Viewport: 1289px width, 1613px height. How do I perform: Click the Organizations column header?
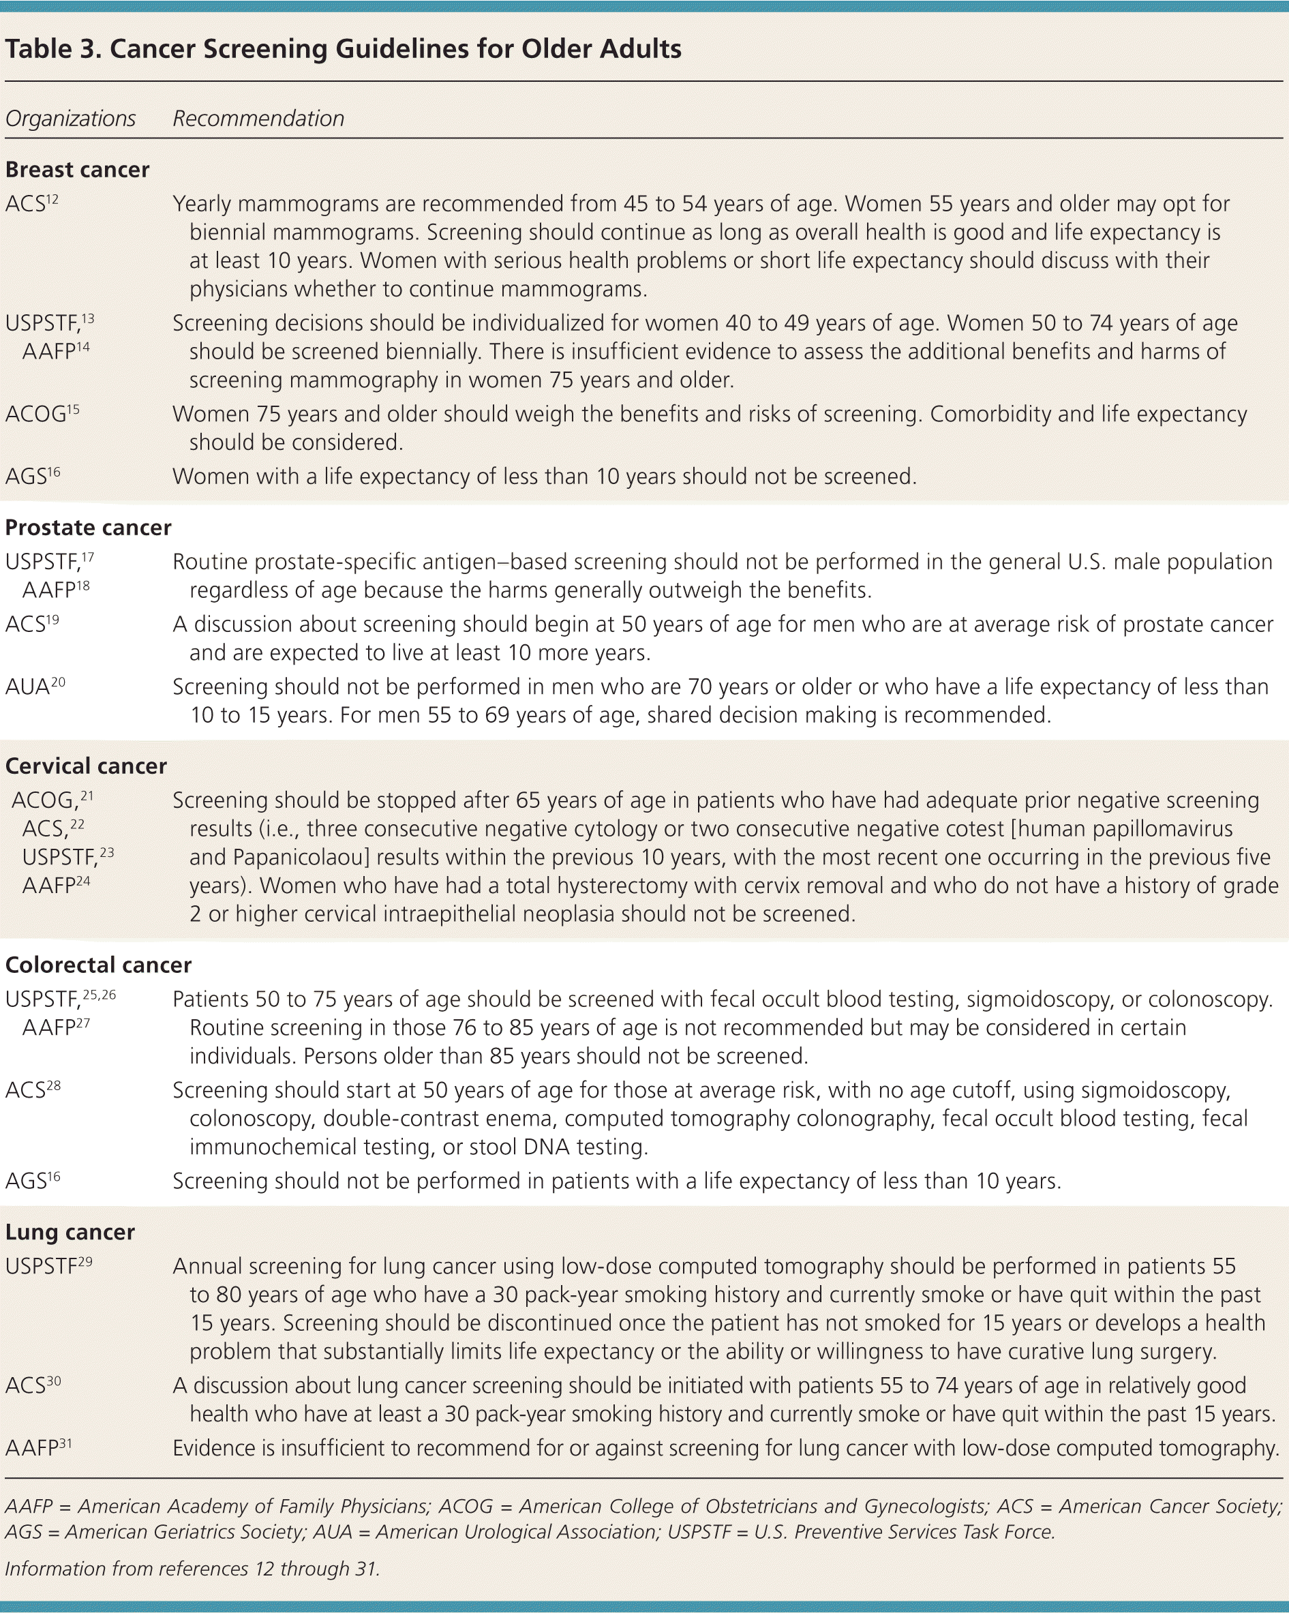pyautogui.click(x=70, y=119)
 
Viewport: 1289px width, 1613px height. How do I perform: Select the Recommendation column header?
pyautogui.click(x=258, y=119)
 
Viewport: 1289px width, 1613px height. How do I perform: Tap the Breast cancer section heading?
pyautogui.click(x=77, y=170)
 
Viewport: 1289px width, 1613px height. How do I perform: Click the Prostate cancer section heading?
pyautogui.click(x=89, y=528)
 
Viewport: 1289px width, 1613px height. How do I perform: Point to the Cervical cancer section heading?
pyautogui.click(x=86, y=766)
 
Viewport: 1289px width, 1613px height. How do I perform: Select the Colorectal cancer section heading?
pyautogui.click(x=98, y=965)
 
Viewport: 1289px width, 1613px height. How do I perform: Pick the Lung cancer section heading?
pyautogui.click(x=70, y=1232)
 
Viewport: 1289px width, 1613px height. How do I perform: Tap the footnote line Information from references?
pyautogui.click(x=192, y=1569)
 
